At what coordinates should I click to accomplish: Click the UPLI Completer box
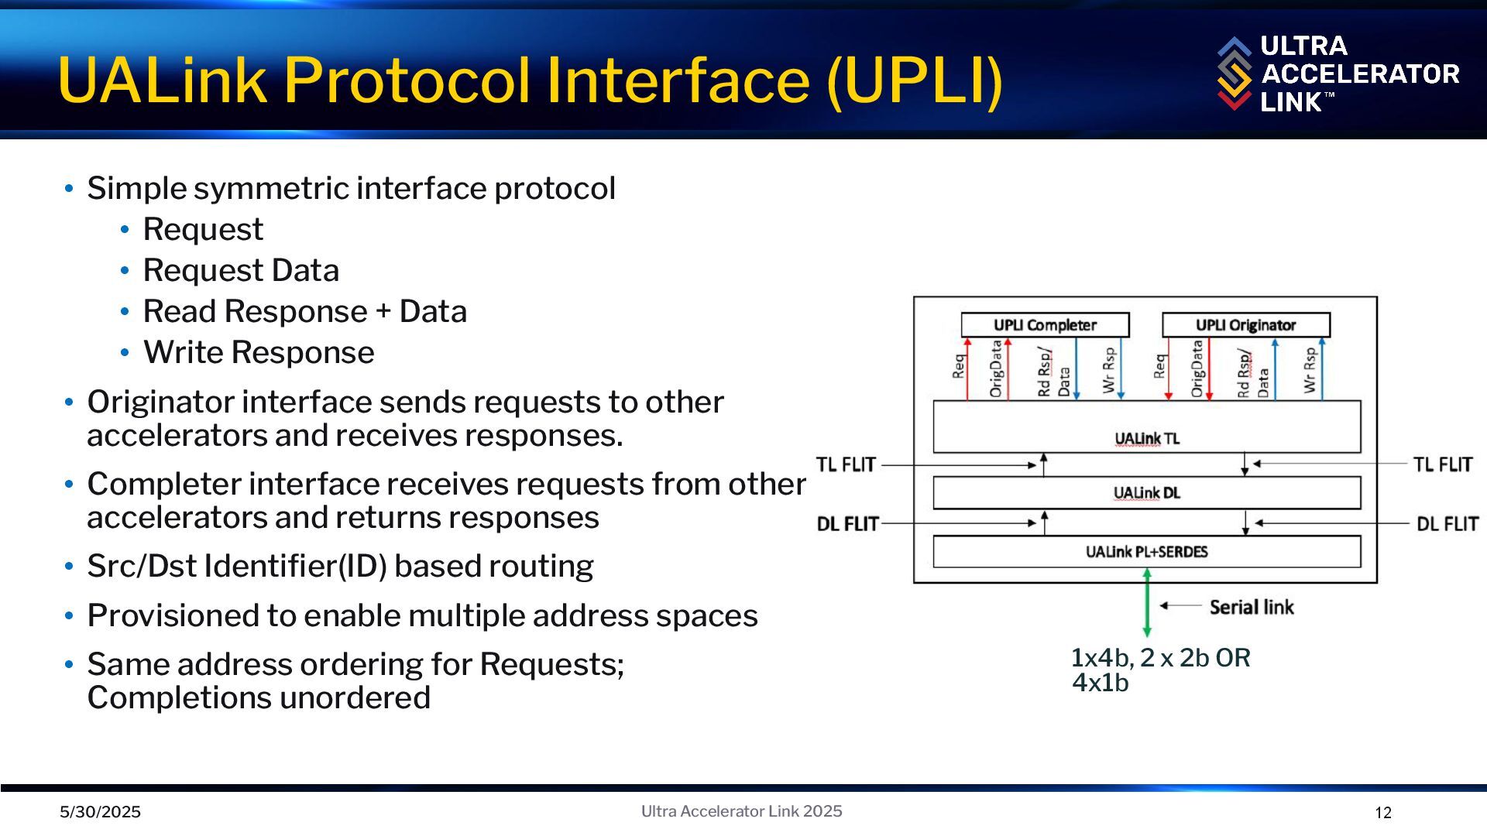click(x=1045, y=325)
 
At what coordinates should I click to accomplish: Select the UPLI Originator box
click(x=1245, y=325)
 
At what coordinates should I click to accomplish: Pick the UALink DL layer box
click(x=1146, y=493)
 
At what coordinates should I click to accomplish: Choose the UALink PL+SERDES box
click(x=1146, y=552)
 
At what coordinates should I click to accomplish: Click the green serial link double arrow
click(x=1147, y=604)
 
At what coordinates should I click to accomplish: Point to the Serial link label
click(x=1252, y=607)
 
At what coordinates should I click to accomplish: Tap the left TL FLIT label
click(x=846, y=464)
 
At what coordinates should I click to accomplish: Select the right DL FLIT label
click(x=1447, y=524)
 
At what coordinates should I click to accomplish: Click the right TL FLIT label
click(x=1442, y=464)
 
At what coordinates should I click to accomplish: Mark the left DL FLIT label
click(x=847, y=524)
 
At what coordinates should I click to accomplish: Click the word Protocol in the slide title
click(x=406, y=80)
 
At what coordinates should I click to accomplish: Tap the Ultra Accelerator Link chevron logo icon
click(x=1234, y=74)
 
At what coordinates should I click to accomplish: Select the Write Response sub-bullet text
click(x=259, y=352)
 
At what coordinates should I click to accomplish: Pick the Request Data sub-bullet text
click(x=241, y=270)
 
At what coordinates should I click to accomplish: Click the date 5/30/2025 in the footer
click(x=101, y=812)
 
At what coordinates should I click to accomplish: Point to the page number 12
click(x=1383, y=813)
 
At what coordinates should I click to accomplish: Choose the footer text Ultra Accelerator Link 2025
click(x=741, y=811)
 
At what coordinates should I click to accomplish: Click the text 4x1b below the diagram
click(x=1100, y=683)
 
